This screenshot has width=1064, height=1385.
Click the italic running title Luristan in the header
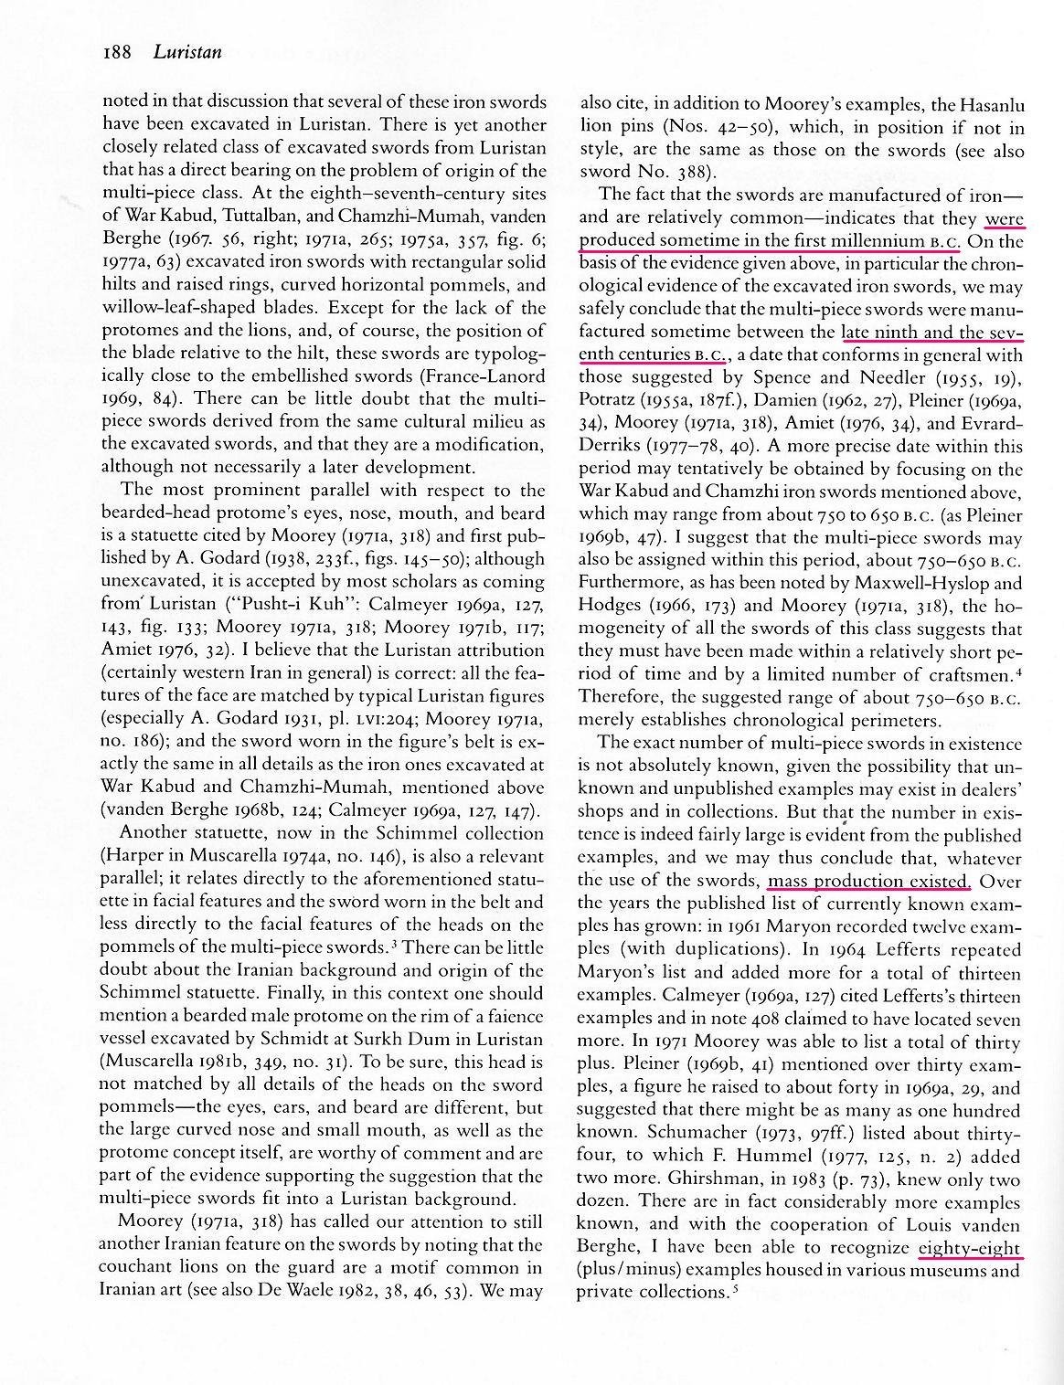[187, 52]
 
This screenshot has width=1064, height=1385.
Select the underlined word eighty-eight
[970, 1247]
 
